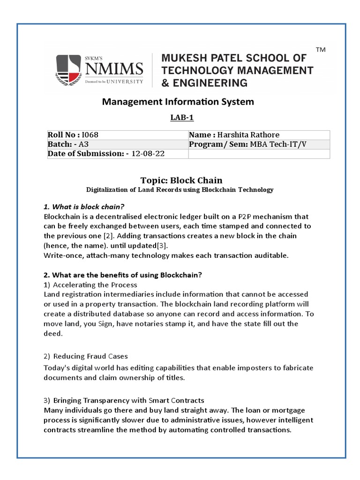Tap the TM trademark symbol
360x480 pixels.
tap(321, 50)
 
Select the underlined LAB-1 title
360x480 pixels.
tap(181, 118)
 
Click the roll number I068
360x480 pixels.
tap(90, 135)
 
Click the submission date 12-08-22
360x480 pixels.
tap(148, 154)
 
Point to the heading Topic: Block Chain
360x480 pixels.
tap(181, 180)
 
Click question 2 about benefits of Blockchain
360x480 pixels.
tap(123, 275)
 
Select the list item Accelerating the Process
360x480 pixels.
tap(95, 285)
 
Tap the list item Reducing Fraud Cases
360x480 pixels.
tap(90, 356)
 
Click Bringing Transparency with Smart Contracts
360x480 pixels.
tap(128, 400)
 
